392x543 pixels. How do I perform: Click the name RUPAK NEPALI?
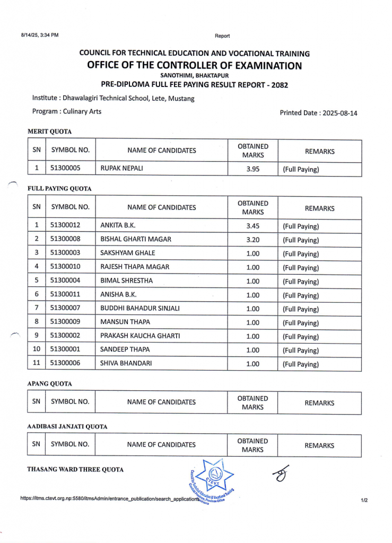[122, 169]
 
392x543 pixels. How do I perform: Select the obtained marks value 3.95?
[252, 169]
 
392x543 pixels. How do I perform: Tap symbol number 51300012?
[65, 226]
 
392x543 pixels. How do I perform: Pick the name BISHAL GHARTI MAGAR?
[136, 240]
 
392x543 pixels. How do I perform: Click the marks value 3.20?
[252, 240]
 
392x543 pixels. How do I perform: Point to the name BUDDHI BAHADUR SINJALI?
[140, 309]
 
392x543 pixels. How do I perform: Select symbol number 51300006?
[65, 364]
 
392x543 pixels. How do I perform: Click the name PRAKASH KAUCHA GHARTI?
[140, 336]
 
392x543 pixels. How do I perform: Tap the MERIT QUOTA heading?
[49, 132]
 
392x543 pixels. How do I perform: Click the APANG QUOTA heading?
[49, 383]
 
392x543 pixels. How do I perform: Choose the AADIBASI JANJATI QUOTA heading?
[67, 426]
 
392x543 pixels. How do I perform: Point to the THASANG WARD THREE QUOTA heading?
[75, 469]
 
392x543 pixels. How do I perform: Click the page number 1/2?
[364, 500]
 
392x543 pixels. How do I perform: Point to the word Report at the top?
[222, 36]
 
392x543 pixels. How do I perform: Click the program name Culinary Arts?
[82, 111]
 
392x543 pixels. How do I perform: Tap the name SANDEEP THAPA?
[125, 350]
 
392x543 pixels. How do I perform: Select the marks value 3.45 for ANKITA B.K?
[252, 226]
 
